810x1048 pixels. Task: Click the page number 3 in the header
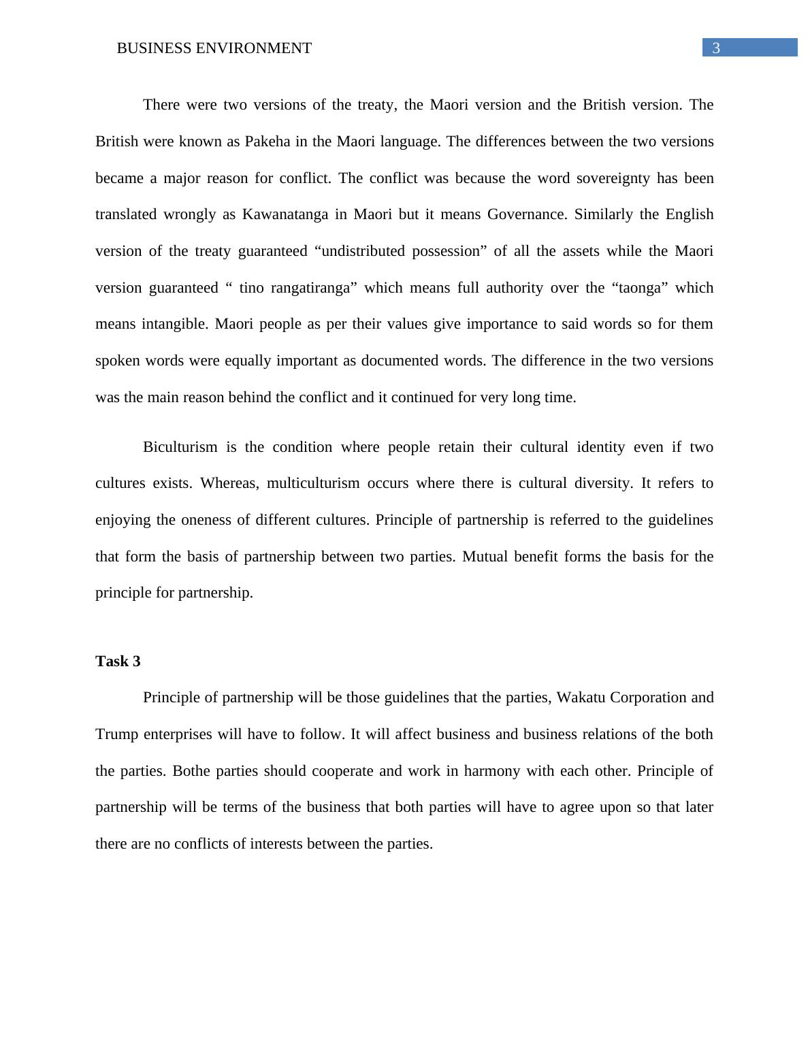[715, 48]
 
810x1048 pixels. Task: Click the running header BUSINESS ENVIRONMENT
[214, 48]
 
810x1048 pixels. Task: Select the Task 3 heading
[118, 661]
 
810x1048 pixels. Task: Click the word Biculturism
[180, 447]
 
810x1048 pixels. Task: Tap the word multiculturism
[312, 483]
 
